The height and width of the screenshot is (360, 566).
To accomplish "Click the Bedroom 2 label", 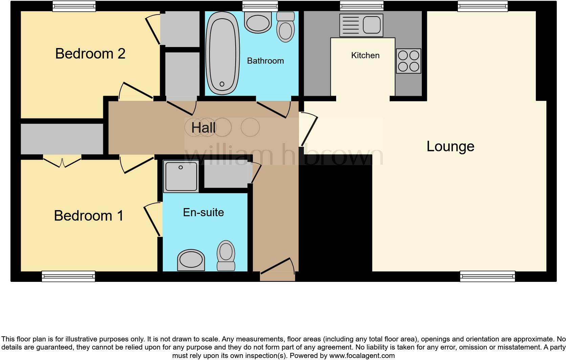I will coord(90,54).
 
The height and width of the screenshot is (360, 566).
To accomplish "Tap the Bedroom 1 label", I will coord(89,216).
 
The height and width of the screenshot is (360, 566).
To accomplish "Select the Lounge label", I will coord(450,147).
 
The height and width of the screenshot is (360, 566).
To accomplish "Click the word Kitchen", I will coord(365,55).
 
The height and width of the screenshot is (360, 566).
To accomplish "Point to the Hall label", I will coord(203,128).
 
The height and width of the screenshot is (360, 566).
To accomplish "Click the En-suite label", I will coord(203,212).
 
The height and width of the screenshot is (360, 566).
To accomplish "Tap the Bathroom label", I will coord(265,61).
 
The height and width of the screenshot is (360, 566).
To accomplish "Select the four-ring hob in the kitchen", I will coord(409,61).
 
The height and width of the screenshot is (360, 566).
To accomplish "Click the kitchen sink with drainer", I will coord(361,25).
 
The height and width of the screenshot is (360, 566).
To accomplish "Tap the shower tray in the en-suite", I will coord(181,176).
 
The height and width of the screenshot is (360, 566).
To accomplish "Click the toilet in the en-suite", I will coord(226,255).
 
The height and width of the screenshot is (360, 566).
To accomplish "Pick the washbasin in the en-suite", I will coord(191,260).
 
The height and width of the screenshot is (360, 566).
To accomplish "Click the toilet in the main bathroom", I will coord(286,27).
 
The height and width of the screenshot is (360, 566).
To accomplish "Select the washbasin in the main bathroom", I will coord(259,23).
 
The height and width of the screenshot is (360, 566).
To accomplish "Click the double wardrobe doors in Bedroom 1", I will coord(62,162).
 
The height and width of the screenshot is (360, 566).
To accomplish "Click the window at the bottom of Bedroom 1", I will coord(68,276).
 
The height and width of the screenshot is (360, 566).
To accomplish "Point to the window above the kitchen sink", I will coord(362,6).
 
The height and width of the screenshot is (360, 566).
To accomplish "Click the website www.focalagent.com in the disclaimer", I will coord(362,356).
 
